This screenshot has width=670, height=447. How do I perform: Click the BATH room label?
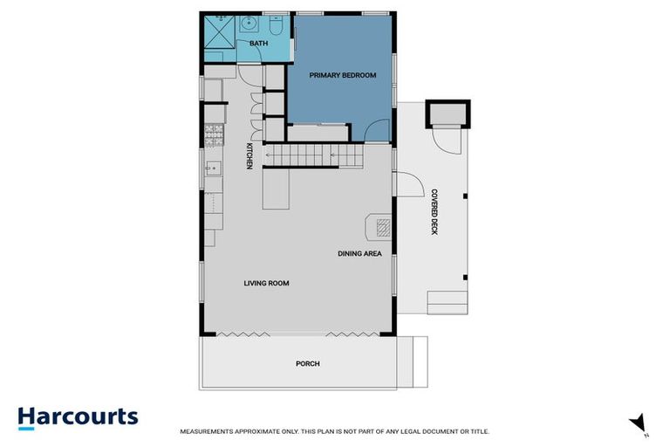259,43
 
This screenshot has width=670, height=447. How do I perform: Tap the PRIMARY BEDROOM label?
343,76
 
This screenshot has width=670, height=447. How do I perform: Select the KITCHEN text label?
249,156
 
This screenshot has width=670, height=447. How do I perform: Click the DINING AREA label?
360,254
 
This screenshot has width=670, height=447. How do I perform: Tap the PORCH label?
307,363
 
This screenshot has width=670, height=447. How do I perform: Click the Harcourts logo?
78,416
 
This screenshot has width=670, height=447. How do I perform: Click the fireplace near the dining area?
381,227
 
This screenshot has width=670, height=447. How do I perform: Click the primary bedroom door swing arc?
374,131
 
